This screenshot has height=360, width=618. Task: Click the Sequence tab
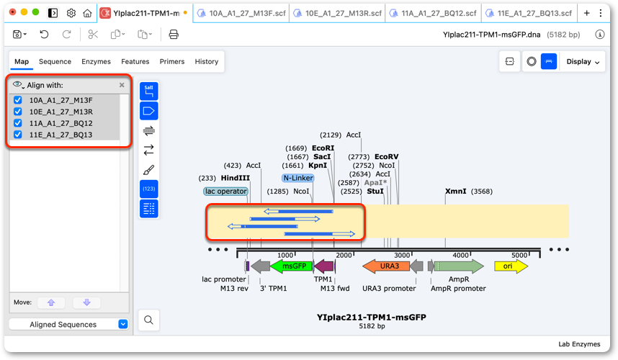(55, 61)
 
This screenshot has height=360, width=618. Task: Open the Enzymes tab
(96, 61)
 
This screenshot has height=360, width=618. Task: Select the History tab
(206, 61)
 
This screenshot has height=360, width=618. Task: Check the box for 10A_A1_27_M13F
(18, 100)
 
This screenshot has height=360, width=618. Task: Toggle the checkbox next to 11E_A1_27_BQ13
(18, 135)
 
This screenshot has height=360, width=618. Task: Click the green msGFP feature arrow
(291, 266)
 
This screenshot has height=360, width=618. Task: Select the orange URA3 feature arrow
(386, 266)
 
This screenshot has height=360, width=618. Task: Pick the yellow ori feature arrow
(511, 266)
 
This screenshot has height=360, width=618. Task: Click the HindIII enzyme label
(236, 178)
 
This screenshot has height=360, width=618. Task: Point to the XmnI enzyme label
(456, 191)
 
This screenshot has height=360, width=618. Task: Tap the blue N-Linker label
(298, 178)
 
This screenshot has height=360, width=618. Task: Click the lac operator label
(226, 191)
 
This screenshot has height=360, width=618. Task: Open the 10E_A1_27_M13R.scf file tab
(338, 14)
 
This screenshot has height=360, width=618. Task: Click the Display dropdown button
(583, 61)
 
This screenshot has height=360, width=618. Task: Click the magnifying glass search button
(148, 320)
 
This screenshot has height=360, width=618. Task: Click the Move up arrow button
(51, 302)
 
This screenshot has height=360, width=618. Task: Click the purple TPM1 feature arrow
(324, 266)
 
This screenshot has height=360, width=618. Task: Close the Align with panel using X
(122, 85)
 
